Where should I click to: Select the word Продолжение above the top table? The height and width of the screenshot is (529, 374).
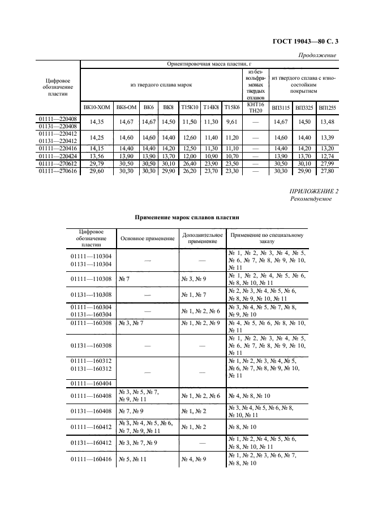317,55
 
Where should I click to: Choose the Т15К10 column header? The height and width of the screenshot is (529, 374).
190,107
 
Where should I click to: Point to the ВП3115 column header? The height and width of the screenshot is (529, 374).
281,107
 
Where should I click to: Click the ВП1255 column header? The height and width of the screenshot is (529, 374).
326,107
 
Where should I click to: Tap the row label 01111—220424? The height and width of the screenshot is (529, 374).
58,155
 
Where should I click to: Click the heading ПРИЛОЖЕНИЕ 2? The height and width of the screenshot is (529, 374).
314,192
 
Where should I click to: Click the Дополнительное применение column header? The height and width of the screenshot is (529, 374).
202,238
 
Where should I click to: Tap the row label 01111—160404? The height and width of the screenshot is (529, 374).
91,384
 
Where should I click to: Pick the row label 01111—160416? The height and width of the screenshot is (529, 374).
91,459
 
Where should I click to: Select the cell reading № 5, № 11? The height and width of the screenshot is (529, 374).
132,459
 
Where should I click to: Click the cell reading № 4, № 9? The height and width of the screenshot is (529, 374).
194,459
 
